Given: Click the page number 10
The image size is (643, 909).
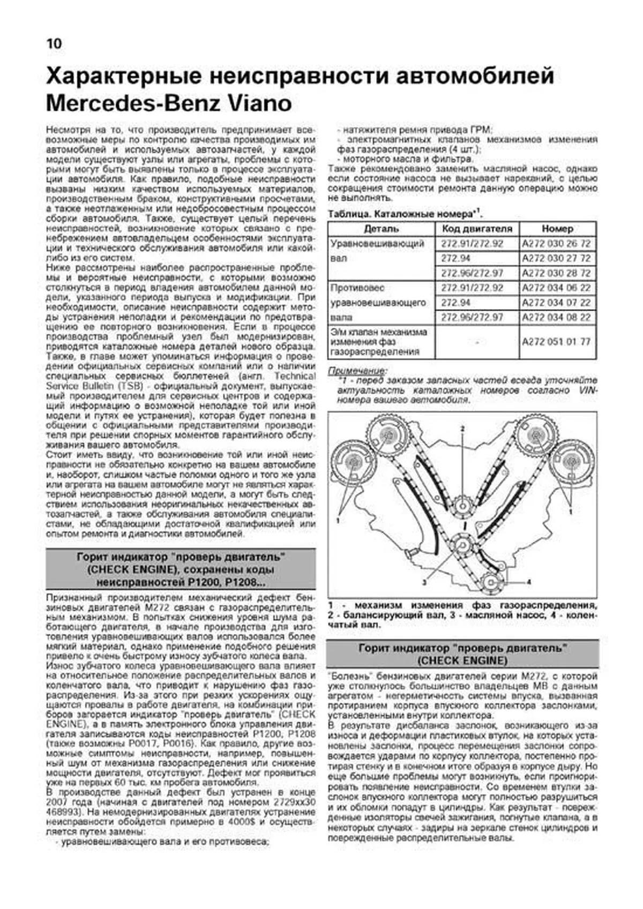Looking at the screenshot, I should point(54,43).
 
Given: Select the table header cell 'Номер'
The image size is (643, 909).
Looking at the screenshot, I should point(557,229).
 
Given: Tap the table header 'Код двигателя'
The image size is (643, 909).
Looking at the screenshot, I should point(477,229).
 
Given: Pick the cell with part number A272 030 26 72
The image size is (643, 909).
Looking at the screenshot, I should point(557,244).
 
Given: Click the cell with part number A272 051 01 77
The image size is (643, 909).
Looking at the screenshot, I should point(557,342).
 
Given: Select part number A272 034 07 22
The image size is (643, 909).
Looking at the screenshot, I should point(557,303).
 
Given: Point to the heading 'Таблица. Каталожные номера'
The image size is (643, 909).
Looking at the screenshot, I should point(404,214).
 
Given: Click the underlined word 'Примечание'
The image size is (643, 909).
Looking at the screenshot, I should point(356,371).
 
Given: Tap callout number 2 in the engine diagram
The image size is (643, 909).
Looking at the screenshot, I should point(462,429).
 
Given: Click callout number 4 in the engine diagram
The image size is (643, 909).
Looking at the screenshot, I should point(528,581).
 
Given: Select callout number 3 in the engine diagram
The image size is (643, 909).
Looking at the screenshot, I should point(423,581).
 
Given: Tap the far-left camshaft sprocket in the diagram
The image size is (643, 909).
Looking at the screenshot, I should point(351,462).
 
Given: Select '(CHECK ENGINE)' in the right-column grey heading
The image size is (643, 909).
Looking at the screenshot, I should point(462,660).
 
